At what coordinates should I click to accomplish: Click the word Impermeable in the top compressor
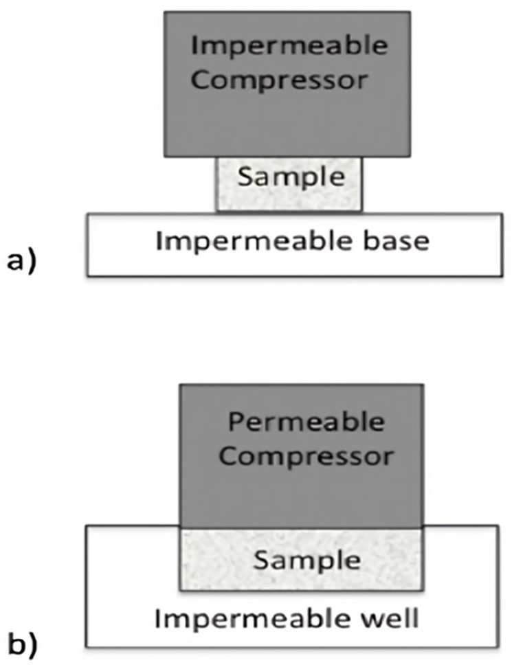tap(289, 47)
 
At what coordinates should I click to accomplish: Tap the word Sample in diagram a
tap(289, 177)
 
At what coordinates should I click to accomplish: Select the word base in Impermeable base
tap(396, 241)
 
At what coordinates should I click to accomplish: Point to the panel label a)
tap(21, 262)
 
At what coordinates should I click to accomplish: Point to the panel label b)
tap(21, 644)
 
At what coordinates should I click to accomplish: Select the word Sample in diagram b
tap(306, 560)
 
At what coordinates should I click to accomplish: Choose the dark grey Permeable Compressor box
tap(302, 495)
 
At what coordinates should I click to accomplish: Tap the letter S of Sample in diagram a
tap(244, 177)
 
